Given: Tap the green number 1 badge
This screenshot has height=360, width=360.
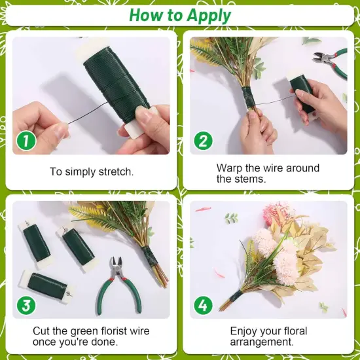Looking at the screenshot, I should click(x=24, y=140).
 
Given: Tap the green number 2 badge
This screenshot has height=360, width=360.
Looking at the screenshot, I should click(x=202, y=140).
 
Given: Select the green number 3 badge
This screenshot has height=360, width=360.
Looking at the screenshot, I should click(x=24, y=304).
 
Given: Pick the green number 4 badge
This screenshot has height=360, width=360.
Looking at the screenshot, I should click(x=202, y=304).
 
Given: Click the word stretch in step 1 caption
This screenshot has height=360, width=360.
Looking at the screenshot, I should click(x=113, y=172).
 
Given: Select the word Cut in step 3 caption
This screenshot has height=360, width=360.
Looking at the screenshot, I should click(x=42, y=331).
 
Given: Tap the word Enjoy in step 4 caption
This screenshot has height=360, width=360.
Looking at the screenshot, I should click(x=244, y=331).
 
